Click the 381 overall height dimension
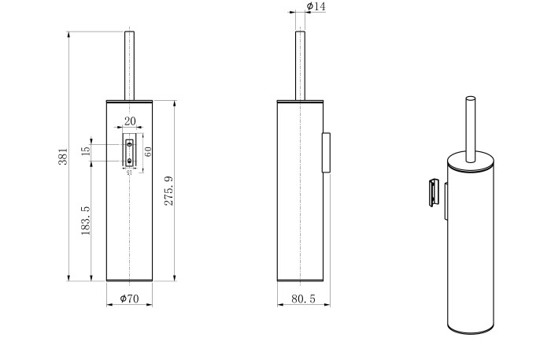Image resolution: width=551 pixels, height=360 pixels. click(63, 157)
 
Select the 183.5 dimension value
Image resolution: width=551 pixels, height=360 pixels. click(84, 221)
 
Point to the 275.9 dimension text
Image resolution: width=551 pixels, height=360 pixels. click(168, 191)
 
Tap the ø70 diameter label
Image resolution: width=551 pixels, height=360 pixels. click(128, 299)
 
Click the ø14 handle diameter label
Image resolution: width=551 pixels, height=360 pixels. click(316, 7)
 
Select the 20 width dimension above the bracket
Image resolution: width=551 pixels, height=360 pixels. click(129, 121)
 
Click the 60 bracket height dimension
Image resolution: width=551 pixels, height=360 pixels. click(147, 150)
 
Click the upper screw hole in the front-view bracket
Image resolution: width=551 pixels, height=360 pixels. click(130, 145)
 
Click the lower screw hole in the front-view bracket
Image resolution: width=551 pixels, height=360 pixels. click(130, 160)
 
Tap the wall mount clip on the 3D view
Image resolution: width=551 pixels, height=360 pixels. click(433, 194)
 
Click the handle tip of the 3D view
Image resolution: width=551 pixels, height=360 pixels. click(471, 100)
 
